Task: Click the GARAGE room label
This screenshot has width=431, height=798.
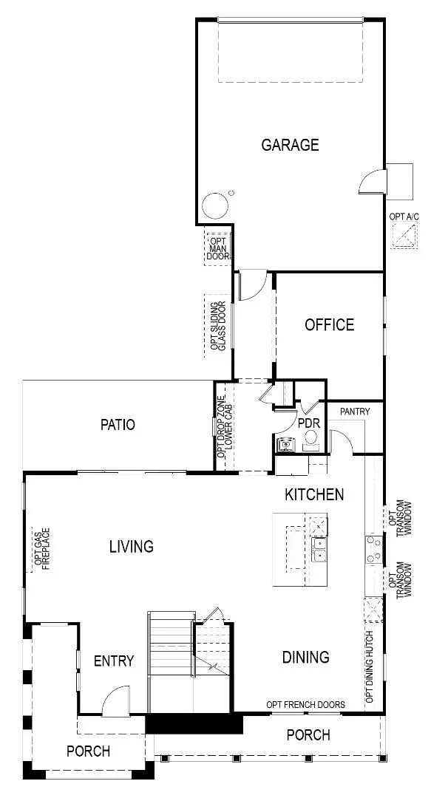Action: click(290, 145)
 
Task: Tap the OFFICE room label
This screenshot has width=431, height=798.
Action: click(329, 324)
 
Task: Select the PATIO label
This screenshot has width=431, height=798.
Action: click(118, 425)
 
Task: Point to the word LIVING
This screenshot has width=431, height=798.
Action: click(132, 547)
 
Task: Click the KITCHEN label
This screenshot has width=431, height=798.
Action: click(314, 494)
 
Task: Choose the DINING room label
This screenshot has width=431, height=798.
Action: click(305, 657)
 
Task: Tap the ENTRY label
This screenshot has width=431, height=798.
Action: click(114, 661)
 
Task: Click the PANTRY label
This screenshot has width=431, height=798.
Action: click(355, 411)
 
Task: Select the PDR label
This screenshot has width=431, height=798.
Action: click(308, 424)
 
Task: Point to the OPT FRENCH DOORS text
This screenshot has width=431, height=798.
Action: click(305, 704)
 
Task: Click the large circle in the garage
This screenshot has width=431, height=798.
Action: click(215, 205)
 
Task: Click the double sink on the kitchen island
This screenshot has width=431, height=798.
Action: click(320, 549)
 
